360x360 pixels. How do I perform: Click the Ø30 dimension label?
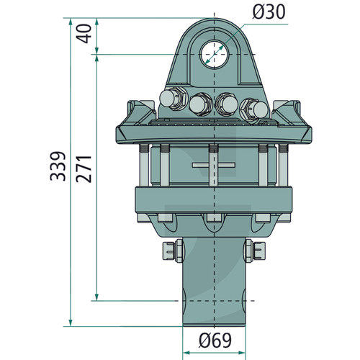269,12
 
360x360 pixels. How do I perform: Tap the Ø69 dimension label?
215,340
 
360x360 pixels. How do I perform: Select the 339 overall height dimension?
58,166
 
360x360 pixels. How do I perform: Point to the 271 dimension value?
84,169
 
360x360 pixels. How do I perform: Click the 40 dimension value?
84,34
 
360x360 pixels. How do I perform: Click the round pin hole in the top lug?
215,54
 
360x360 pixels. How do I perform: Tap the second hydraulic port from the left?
200,104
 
